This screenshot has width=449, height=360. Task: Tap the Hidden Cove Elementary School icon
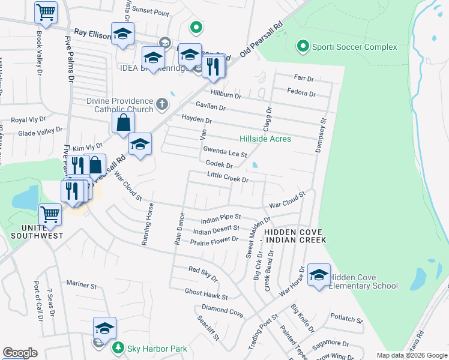[x=318, y=275]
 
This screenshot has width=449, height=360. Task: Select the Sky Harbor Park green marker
[x=119, y=348]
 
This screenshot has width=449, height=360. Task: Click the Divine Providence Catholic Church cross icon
[x=161, y=105]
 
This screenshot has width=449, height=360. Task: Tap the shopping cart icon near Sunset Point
[x=46, y=12]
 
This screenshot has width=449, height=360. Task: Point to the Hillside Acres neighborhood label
[x=265, y=139]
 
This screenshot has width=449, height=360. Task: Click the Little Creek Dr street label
[x=228, y=178]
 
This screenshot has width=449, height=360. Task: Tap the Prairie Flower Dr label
[x=214, y=241]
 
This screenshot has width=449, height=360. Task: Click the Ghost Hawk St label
[x=206, y=293]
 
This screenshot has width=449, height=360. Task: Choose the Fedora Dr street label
[x=302, y=93]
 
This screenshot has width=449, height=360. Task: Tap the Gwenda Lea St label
[x=225, y=151]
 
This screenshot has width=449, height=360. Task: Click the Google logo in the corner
[x=20, y=353]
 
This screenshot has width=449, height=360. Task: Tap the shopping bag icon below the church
[x=123, y=123]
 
